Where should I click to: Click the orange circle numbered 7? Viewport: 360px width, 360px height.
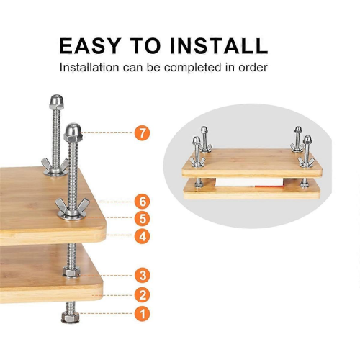(143, 132)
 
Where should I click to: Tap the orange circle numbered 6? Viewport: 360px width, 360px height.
(143, 202)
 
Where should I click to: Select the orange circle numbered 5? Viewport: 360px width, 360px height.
(143, 219)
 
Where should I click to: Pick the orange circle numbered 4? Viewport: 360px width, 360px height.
(143, 236)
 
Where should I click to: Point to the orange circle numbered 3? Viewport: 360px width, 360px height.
(143, 275)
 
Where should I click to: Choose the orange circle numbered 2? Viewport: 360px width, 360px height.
(143, 295)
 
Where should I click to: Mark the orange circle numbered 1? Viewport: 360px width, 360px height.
(143, 314)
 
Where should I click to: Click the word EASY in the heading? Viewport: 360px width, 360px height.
(90, 45)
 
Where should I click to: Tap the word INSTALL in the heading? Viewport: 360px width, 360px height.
(218, 45)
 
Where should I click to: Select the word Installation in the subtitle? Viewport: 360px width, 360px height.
(89, 68)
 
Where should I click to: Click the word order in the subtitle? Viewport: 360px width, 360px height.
(253, 68)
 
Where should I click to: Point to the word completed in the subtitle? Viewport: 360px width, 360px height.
(192, 68)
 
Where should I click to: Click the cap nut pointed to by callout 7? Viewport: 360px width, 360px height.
(73, 132)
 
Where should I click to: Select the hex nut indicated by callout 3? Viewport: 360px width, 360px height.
(71, 272)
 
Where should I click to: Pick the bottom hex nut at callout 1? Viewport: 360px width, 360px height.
(70, 318)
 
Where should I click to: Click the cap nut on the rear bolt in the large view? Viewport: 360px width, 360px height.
(56, 102)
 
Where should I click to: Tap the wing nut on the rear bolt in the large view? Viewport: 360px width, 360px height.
(55, 165)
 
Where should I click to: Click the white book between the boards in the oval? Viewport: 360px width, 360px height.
(250, 182)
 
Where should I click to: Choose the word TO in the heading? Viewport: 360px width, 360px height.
(145, 45)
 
